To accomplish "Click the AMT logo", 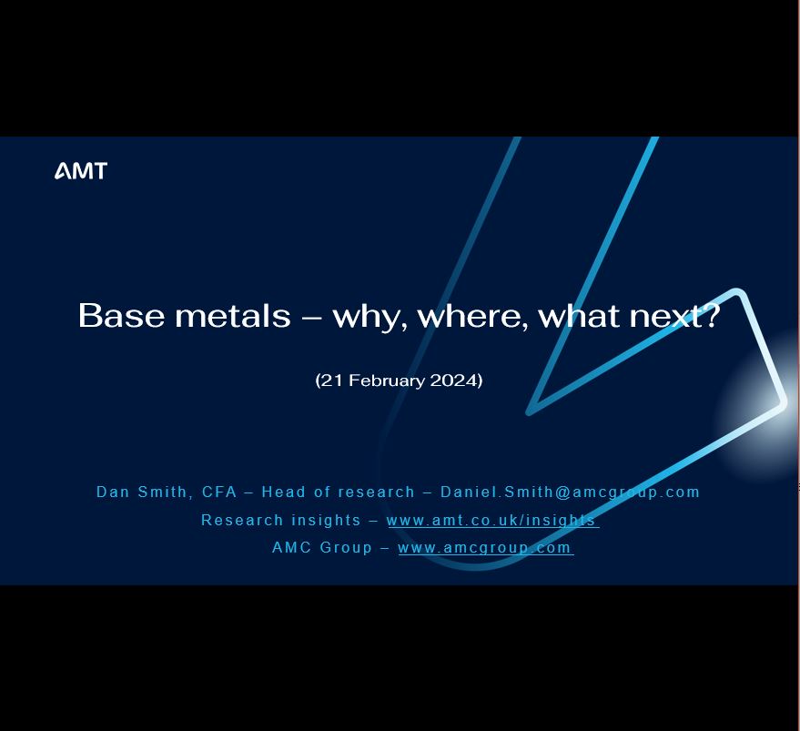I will (x=81, y=171).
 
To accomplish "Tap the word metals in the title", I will (x=232, y=316).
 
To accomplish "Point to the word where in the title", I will (x=471, y=317).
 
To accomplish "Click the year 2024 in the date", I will (x=453, y=381).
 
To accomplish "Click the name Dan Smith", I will (x=141, y=492).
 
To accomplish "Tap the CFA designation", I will (x=219, y=492).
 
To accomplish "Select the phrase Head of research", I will (x=338, y=492).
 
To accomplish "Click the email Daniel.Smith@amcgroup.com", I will (x=570, y=492).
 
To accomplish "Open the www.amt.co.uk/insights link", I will (x=492, y=521).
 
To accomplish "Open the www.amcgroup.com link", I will (x=485, y=548).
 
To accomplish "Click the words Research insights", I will (x=281, y=521).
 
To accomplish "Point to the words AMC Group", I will (x=322, y=548).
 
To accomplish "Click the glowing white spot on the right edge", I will (x=774, y=405).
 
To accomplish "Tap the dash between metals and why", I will (x=311, y=317).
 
